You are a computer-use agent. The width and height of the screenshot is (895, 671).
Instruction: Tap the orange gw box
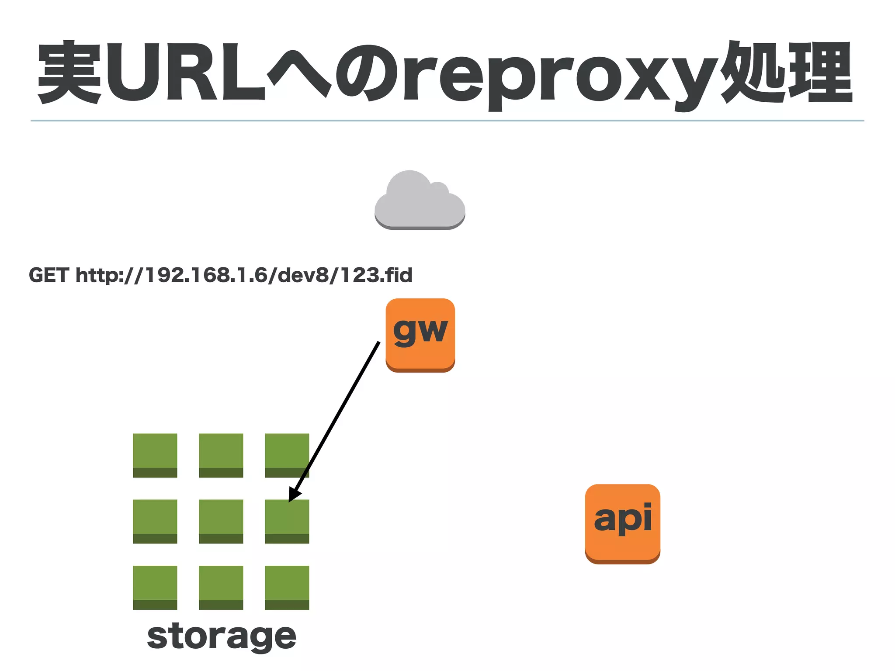pos(420,334)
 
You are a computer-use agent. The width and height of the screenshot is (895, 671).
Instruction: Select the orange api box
pos(622,523)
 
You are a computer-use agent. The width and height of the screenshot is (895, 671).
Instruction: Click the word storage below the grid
pos(222,637)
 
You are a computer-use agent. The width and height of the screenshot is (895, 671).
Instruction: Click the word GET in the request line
pos(49,275)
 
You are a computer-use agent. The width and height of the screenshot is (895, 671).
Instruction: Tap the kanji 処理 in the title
pos(787,72)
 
